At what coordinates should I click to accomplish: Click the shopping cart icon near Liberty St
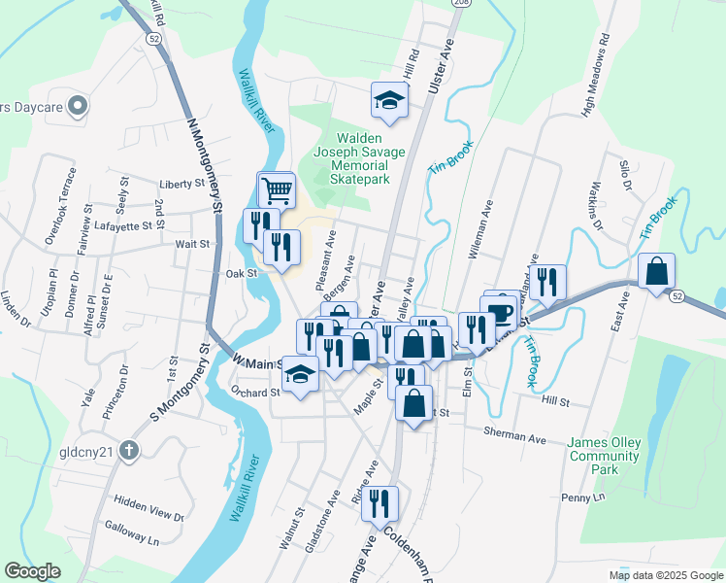[x=277, y=189]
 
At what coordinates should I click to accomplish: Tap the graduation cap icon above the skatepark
[x=389, y=100]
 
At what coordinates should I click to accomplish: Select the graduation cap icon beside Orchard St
[x=301, y=373]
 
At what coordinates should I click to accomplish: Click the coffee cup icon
[x=501, y=314]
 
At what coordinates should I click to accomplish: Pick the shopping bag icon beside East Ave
[x=656, y=271]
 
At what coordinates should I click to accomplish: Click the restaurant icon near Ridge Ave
[x=379, y=503]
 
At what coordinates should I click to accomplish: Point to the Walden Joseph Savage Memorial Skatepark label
[x=349, y=159]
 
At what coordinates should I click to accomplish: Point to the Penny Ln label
[x=582, y=497]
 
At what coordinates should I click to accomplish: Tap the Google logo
[x=33, y=571]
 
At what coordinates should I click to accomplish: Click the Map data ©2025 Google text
[x=665, y=575]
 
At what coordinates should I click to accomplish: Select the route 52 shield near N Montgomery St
[x=154, y=37]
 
